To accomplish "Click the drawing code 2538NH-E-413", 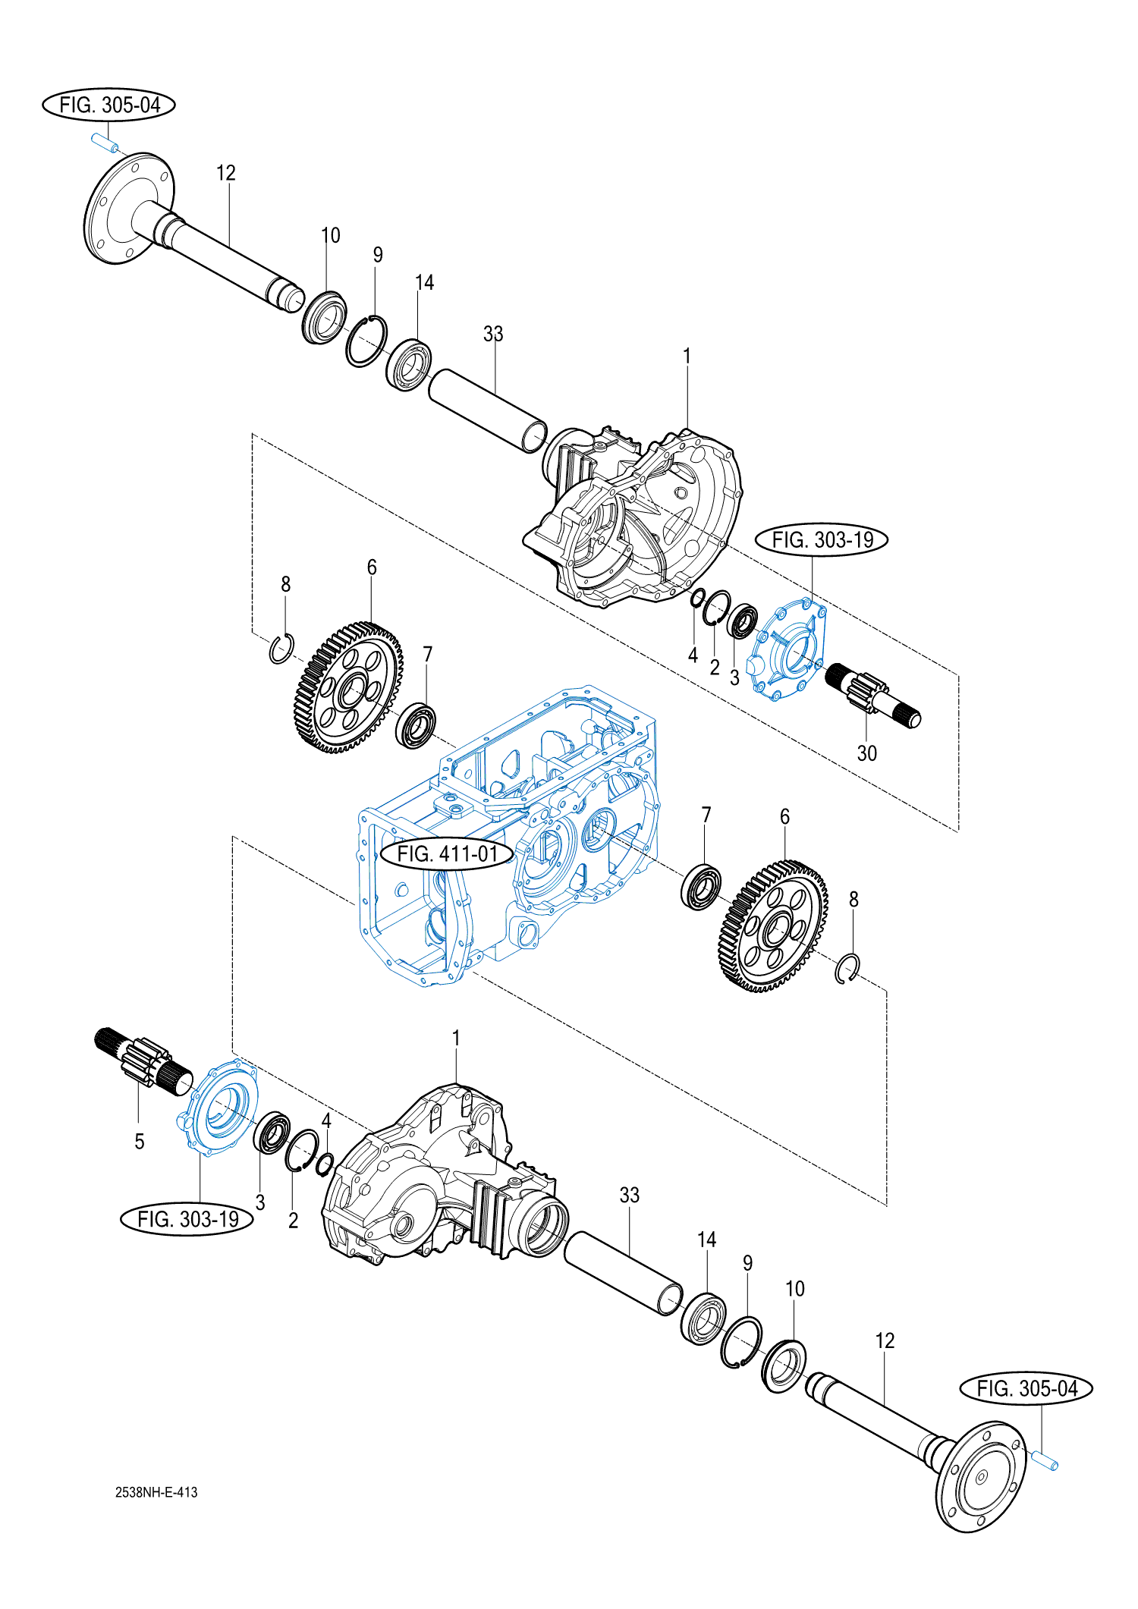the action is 156,1491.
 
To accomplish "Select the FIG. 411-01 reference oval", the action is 448,853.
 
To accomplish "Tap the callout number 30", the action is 866,753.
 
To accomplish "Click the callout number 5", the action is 139,1142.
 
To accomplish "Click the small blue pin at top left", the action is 105,143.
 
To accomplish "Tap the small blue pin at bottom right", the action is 1044,1459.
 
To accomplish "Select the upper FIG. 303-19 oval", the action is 822,539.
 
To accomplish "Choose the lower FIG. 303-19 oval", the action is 187,1218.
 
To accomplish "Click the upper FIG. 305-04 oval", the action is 108,105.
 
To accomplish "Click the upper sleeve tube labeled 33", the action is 487,410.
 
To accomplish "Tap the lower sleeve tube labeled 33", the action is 623,1272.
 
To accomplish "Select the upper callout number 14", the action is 424,282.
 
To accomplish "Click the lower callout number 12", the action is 885,1340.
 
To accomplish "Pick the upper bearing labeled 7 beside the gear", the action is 416,726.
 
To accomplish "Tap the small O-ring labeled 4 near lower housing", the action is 325,1163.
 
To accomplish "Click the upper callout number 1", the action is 687,356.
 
